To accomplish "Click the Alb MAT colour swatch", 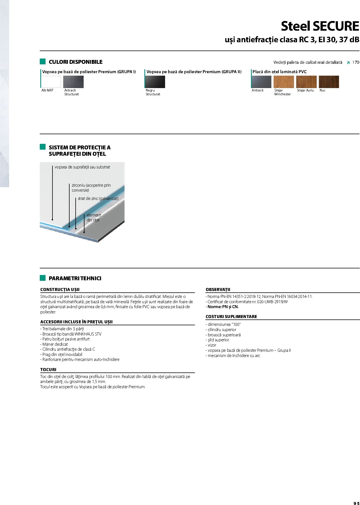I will tap(51, 82).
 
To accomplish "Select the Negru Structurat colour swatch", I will tap(155, 82).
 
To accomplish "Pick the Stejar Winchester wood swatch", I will tap(284, 82).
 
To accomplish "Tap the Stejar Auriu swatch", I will tap(306, 82).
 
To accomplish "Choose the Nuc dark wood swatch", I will tap(329, 82).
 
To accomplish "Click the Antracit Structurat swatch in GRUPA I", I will tap(73, 82).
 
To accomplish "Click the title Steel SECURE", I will tap(320, 26).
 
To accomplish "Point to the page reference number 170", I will tap(356, 62).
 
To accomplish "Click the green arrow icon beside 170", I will tap(348, 63).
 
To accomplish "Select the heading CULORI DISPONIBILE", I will tap(75, 62).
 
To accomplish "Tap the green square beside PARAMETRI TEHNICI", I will tap(43, 278).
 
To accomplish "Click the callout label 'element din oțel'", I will tap(94, 218).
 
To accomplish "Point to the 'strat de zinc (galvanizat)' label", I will tap(98, 199).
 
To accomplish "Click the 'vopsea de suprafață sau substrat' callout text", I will tap(82, 167).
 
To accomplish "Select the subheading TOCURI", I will tap(48, 369).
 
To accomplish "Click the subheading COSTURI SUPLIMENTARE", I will tap(231, 317).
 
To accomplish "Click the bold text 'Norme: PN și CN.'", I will tap(223, 307).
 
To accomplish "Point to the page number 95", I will tap(356, 503).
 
